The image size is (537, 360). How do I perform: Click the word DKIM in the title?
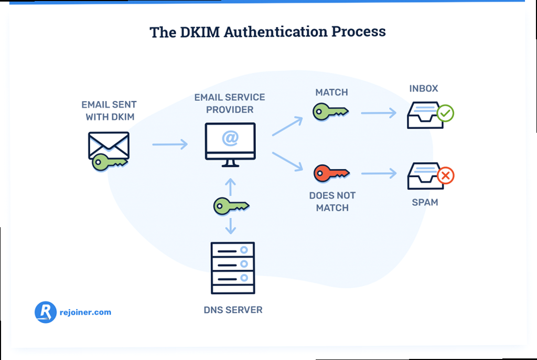[202, 31]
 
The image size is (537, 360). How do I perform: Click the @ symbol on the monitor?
[230, 139]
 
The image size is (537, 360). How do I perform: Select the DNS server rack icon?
[232, 268]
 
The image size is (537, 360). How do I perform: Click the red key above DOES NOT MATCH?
[331, 173]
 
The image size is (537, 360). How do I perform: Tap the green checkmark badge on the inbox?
[445, 113]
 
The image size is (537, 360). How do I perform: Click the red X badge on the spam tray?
[446, 176]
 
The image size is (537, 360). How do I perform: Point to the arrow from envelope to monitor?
[169, 144]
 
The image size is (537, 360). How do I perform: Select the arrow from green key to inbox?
[378, 112]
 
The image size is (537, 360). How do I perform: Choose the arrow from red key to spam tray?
[378, 173]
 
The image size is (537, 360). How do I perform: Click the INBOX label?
[424, 89]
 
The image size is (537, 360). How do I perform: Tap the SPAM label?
[425, 202]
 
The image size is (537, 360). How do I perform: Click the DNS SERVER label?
[233, 310]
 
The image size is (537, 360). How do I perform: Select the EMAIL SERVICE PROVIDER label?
[230, 103]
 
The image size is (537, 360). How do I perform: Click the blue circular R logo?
[45, 312]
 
